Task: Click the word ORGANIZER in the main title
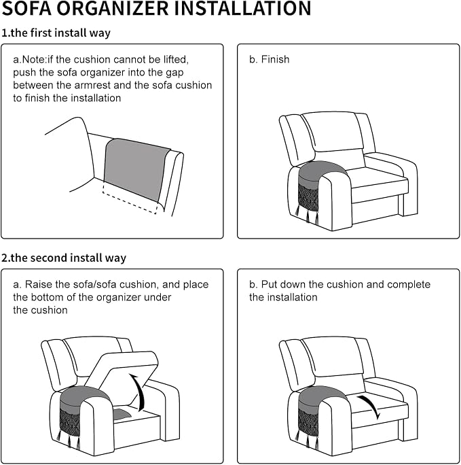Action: tap(113, 8)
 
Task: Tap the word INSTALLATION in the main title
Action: tap(242, 8)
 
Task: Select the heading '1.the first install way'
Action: tap(56, 33)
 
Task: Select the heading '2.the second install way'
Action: tap(64, 258)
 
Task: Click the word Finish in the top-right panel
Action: tap(275, 59)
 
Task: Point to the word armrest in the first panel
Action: tap(92, 85)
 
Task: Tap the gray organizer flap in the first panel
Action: tap(136, 170)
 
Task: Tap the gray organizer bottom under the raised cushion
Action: tap(120, 414)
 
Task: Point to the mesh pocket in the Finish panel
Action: tap(308, 196)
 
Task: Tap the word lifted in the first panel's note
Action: tap(176, 60)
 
